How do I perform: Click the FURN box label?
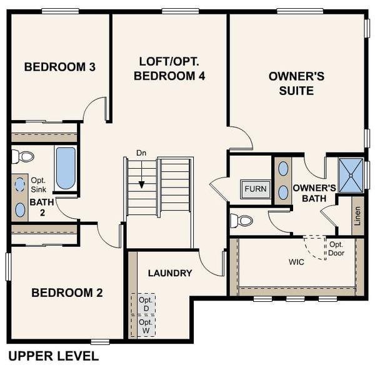255,189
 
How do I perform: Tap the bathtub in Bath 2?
66,167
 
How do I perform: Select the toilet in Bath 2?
23,156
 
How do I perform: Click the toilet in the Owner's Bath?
241,221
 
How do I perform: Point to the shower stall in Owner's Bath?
351,175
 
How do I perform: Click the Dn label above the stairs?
141,153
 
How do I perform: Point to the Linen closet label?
357,215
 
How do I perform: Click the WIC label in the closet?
296,262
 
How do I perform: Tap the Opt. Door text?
336,249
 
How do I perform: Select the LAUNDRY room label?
170,273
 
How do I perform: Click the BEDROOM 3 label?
60,66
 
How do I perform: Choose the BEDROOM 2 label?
67,292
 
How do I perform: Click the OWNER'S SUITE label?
296,83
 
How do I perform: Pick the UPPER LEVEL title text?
53,356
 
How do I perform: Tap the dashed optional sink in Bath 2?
20,184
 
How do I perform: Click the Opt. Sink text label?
38,184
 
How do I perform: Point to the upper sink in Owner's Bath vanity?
283,168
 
